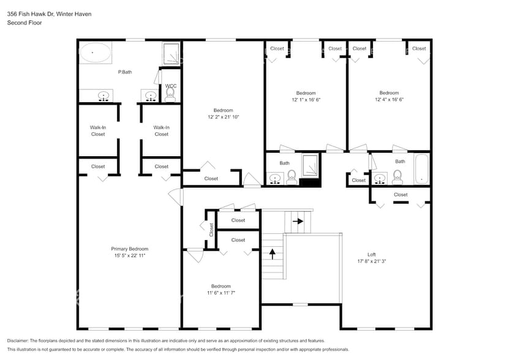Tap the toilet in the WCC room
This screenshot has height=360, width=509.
[170, 94]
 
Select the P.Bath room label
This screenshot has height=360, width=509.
[125, 72]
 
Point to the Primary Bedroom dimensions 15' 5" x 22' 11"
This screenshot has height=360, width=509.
[129, 256]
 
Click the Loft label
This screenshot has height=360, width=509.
[371, 254]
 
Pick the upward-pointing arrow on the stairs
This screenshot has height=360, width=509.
[273, 251]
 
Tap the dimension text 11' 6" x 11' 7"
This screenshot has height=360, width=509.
[221, 293]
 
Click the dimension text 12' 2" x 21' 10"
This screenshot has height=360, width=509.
[223, 117]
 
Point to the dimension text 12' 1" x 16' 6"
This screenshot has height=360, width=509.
[306, 99]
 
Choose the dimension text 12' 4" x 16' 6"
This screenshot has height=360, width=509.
[389, 99]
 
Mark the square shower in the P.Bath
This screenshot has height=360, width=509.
[172, 54]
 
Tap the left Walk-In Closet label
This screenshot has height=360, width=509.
[98, 130]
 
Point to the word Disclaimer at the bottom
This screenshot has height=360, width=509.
[20, 340]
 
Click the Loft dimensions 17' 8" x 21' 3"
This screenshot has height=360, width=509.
[371, 261]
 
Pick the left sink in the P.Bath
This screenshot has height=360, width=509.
[104, 96]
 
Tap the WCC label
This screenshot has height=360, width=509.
[170, 86]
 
